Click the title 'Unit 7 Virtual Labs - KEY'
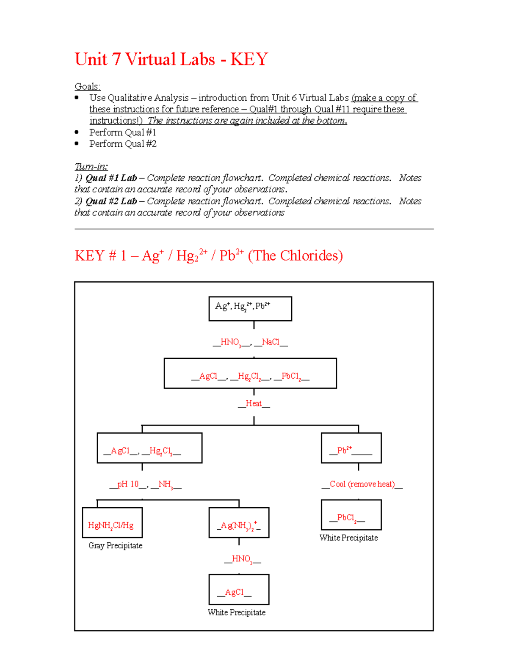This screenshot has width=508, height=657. click(171, 59)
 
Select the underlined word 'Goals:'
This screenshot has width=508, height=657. click(88, 86)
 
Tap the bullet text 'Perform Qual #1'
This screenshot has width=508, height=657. click(123, 132)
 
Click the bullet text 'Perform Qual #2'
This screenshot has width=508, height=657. click(123, 144)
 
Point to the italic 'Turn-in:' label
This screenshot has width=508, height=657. click(91, 166)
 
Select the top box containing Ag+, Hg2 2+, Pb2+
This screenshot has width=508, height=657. click(250, 308)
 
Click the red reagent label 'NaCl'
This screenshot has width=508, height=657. click(271, 342)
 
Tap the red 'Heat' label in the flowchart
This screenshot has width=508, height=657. click(254, 404)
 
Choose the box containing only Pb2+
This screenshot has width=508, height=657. click(351, 448)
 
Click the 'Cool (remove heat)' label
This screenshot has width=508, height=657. click(362, 484)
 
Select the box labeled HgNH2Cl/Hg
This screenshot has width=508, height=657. click(112, 522)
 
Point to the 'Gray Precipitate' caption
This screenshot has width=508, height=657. click(115, 545)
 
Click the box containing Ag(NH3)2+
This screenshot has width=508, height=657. click(239, 522)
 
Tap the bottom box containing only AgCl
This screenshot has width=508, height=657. click(239, 589)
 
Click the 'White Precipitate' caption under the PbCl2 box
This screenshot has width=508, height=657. click(348, 538)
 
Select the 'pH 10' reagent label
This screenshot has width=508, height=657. click(128, 484)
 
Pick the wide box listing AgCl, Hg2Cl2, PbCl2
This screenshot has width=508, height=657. click(250, 373)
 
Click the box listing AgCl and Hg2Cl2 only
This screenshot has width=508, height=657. click(149, 448)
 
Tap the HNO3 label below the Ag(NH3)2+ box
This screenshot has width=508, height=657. click(242, 559)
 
